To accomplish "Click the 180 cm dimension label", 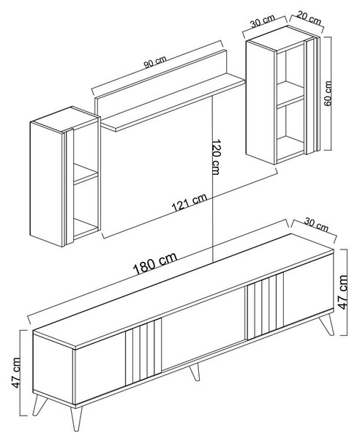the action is (155, 263).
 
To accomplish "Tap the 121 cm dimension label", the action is (190, 203).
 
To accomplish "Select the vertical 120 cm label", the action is (216, 157).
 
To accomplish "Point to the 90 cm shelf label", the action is (155, 62).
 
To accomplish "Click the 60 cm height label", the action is (328, 94).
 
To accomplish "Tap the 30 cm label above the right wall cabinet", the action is (263, 21).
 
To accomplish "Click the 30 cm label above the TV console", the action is (316, 225).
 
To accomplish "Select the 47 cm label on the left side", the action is (16, 372).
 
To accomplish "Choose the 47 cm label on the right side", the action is (343, 292).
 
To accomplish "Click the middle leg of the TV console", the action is (195, 372).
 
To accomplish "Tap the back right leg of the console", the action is (327, 324).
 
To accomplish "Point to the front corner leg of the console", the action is (76, 419).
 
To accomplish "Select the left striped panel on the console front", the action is (143, 352).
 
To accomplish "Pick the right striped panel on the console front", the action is (265, 307).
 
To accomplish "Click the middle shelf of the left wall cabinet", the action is (86, 174).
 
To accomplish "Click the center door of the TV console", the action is (204, 329).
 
